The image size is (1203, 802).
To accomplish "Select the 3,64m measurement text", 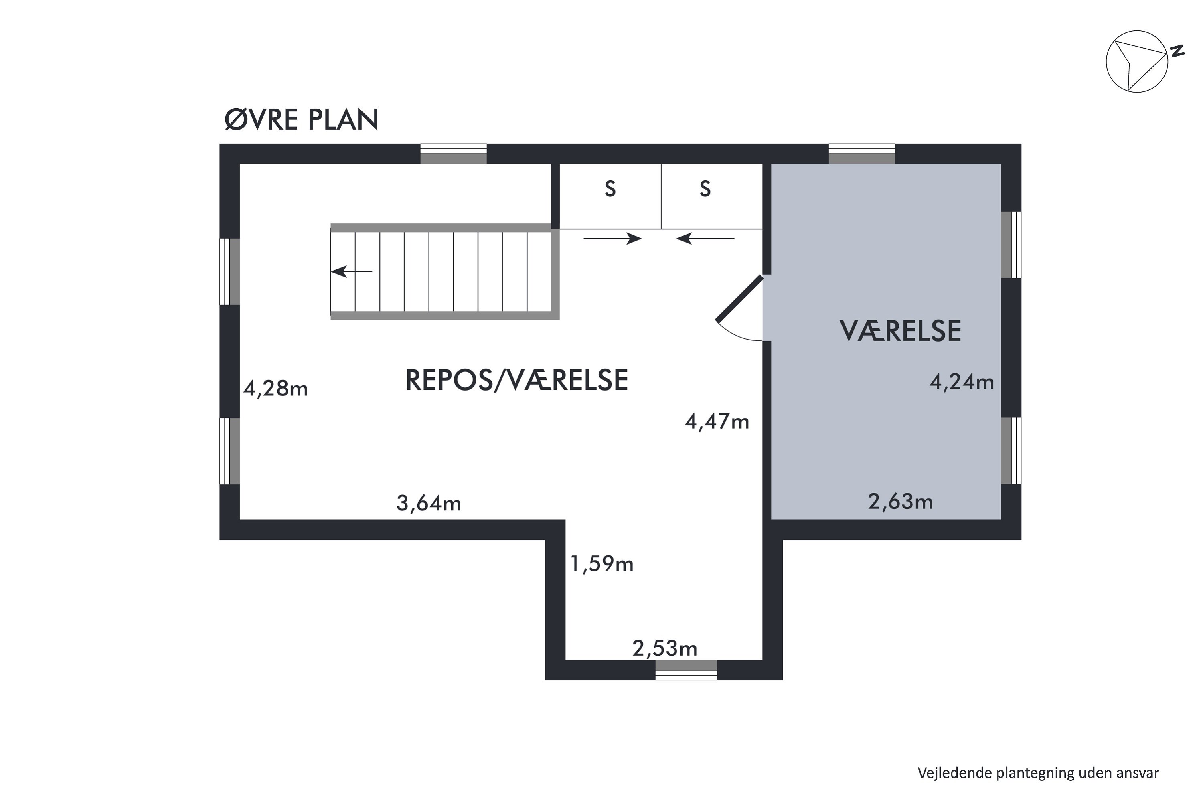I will (x=429, y=504).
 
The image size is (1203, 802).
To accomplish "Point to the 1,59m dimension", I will (x=601, y=564).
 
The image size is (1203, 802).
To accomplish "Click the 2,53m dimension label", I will (x=664, y=648).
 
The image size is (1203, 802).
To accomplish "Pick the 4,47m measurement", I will (x=717, y=422).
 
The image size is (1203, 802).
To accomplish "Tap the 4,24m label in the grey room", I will (x=961, y=382).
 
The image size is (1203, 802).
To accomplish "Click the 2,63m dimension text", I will (x=900, y=502).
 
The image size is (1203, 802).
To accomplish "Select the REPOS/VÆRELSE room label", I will (x=516, y=380).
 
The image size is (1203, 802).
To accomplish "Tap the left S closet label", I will (x=610, y=189).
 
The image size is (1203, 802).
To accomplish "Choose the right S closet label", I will (x=705, y=189).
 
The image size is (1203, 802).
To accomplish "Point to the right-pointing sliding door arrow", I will (x=612, y=238).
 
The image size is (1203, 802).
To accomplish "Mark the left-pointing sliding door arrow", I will (x=705, y=238).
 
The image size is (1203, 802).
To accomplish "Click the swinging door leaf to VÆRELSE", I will (x=739, y=299).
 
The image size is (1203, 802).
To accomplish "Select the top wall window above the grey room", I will (x=861, y=154).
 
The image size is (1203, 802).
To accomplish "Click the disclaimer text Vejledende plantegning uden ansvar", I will (x=1038, y=772).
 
